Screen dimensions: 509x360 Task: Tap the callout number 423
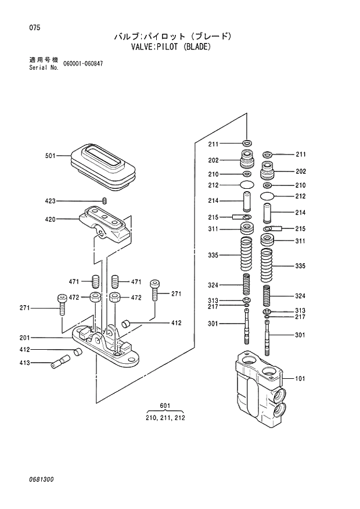coord(50,201)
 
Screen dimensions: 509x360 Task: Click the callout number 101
coord(300,379)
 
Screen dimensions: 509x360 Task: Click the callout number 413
coord(24,364)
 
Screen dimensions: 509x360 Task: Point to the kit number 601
coord(165,406)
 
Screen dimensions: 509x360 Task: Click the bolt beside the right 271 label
coord(154,289)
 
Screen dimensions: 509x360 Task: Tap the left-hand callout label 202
coord(213,161)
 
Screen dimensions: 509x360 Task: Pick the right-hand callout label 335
coord(300,266)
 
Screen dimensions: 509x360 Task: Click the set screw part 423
coord(105,201)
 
